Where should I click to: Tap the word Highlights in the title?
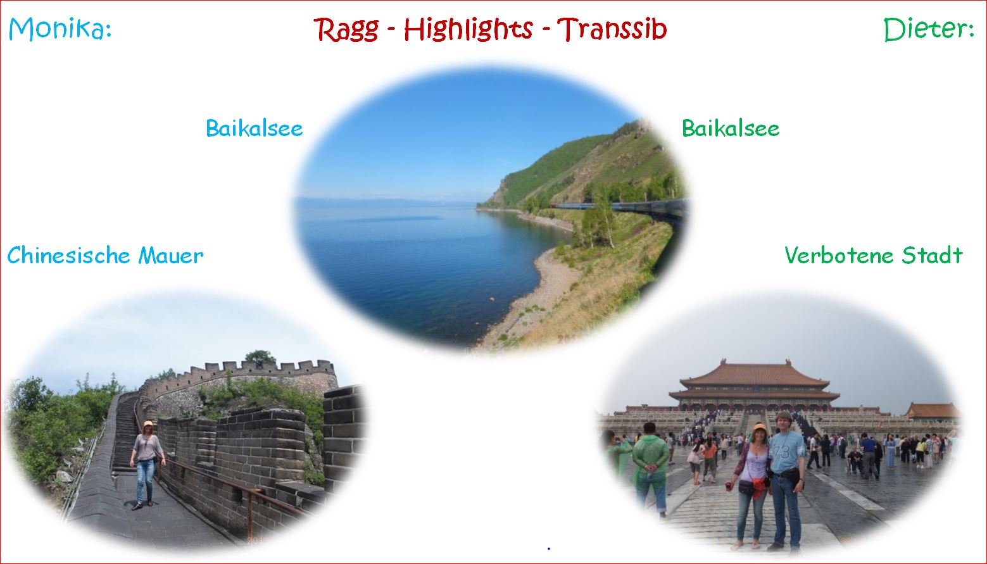click(468, 29)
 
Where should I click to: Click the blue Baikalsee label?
click(254, 128)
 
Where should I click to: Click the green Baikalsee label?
click(730, 128)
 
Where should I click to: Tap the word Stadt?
click(932, 255)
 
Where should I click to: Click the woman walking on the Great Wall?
click(146, 464)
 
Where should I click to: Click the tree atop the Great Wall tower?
click(260, 357)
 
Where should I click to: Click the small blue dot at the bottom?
click(548, 548)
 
